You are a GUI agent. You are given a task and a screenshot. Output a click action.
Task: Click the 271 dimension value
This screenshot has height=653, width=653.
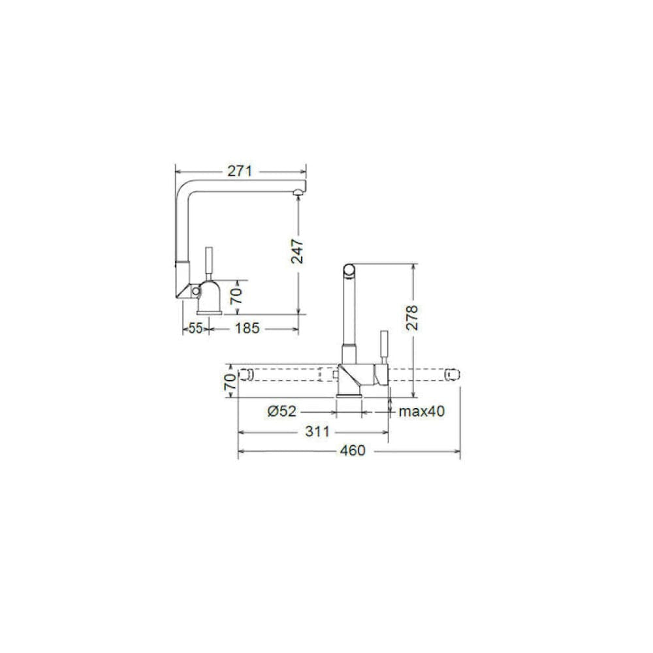(x=240, y=171)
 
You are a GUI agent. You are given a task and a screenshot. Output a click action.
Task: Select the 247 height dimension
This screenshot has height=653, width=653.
(x=297, y=251)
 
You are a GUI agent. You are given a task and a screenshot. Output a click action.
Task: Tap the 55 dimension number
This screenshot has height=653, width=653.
(x=196, y=328)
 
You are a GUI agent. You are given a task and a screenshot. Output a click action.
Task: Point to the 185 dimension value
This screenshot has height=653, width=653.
(x=247, y=328)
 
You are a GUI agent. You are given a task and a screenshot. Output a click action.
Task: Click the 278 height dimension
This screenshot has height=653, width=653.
(x=412, y=318)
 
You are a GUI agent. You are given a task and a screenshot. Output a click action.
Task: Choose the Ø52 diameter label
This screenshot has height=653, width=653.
(x=282, y=411)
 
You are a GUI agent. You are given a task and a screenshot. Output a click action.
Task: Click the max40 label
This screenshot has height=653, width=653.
(x=422, y=411)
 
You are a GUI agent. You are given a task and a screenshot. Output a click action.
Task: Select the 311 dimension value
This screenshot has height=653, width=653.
(x=317, y=432)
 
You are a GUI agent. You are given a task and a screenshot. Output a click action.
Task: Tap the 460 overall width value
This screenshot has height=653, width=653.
(x=353, y=451)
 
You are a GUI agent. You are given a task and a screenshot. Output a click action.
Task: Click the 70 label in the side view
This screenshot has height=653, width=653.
(x=236, y=296)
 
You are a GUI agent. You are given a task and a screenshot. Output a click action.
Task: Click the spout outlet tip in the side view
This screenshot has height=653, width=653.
(x=297, y=191)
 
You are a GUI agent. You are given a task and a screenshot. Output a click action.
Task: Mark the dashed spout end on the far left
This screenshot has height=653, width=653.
(x=246, y=374)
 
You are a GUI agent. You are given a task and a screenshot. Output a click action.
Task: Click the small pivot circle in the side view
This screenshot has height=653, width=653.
(x=195, y=291)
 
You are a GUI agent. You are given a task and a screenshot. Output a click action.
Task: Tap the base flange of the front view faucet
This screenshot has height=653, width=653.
(x=349, y=395)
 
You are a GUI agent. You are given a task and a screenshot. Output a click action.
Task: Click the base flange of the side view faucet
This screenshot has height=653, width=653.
(x=209, y=312)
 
